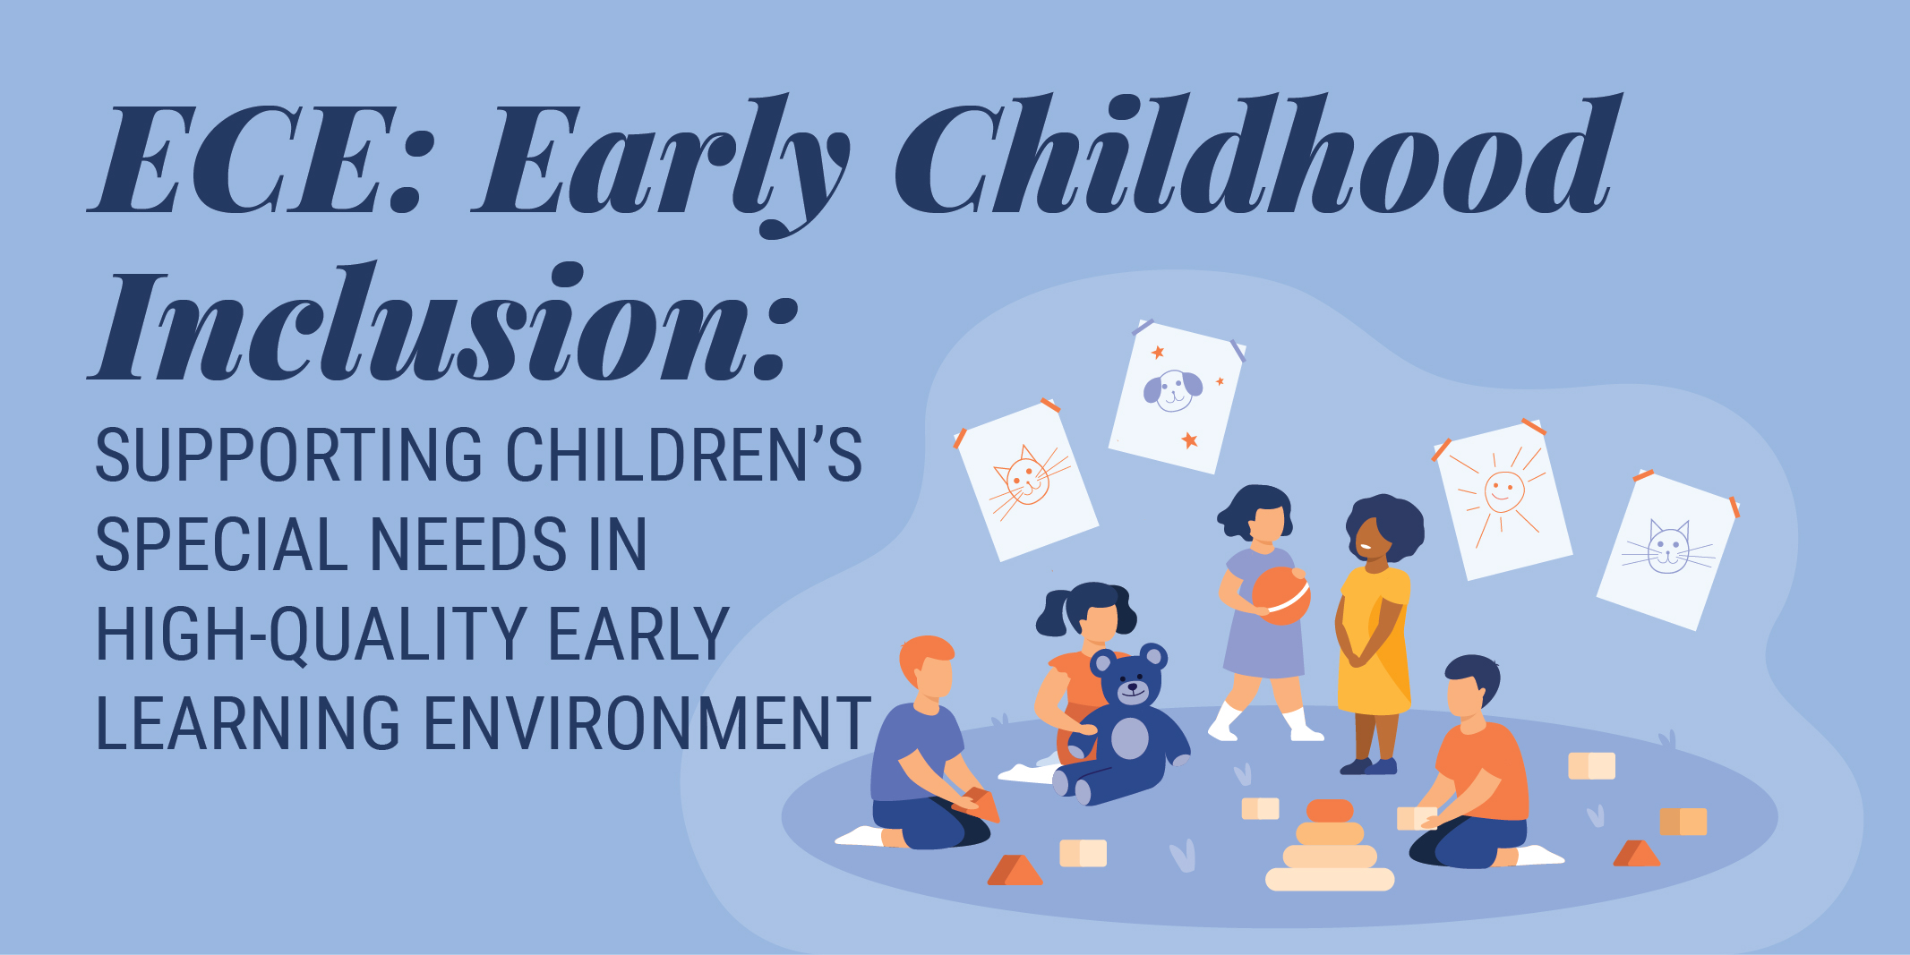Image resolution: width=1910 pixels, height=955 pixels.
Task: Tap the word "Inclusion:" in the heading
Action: point(443,322)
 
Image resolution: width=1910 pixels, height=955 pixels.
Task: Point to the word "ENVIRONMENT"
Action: point(647,723)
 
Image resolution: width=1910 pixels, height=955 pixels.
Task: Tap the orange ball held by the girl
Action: point(1280,595)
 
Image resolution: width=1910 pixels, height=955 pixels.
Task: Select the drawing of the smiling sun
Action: point(1502,499)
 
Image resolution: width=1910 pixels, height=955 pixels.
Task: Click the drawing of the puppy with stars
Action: point(1176,396)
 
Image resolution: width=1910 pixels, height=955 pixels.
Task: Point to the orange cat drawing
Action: point(1026,481)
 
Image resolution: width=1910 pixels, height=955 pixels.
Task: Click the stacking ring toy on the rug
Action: point(1330,845)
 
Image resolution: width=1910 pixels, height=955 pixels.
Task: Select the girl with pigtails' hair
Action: point(1084,608)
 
